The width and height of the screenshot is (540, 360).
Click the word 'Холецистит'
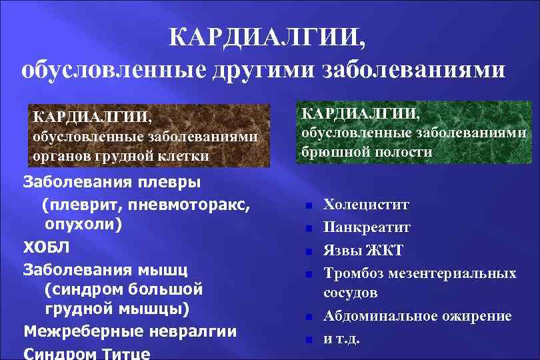(x=366, y=205)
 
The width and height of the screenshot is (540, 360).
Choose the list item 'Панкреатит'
(x=367, y=228)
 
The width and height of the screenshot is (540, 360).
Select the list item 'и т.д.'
(x=341, y=338)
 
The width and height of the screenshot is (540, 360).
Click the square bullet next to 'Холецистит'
(x=309, y=206)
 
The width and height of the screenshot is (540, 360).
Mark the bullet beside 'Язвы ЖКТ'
(x=309, y=252)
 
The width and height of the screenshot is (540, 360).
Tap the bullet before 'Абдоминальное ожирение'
(x=309, y=317)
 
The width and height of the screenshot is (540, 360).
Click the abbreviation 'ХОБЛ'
(x=46, y=247)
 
